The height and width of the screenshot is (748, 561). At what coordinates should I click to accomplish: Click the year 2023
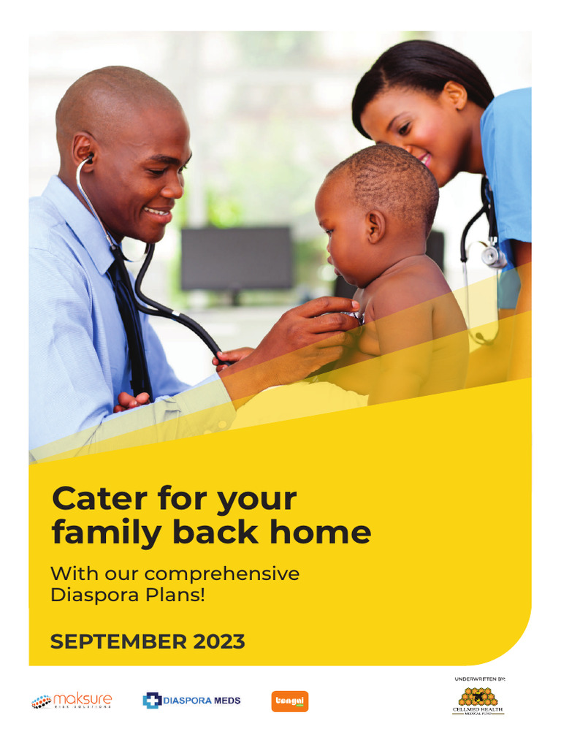219,642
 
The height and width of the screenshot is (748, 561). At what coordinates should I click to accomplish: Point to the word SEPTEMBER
118,642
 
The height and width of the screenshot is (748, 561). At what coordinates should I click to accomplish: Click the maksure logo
72,701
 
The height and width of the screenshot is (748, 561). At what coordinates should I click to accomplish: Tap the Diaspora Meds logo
191,701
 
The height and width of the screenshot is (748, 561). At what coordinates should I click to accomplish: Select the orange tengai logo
290,701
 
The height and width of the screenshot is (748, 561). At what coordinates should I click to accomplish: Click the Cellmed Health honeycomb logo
478,700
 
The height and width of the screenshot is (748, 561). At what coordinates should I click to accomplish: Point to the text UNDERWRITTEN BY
480,679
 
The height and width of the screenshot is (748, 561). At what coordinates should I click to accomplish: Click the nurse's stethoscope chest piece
494,256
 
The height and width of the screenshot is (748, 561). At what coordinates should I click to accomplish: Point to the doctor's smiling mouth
158,211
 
